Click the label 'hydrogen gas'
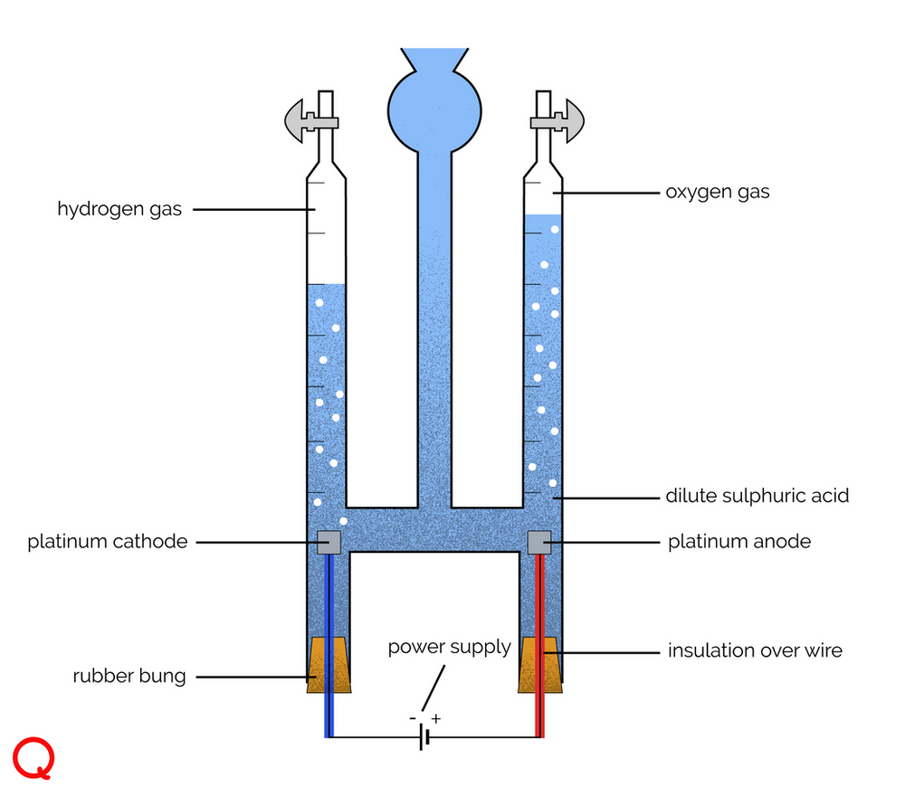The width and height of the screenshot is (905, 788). pos(119,210)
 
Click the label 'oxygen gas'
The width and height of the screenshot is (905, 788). pos(717,192)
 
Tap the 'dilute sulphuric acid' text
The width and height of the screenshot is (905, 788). pos(757,496)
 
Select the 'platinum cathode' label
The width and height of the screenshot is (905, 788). pos(108,542)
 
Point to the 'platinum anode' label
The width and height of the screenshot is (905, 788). pos(739,542)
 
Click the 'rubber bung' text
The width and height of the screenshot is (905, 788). pos(129,676)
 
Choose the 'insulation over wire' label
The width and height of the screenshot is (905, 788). pos(755,650)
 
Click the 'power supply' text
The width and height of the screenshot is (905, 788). pos(450,648)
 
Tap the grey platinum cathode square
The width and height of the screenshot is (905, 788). pos(329,541)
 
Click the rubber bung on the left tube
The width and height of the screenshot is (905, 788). pos(329,666)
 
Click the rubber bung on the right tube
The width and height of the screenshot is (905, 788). pos(539,666)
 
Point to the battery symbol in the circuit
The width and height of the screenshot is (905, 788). pos(424,738)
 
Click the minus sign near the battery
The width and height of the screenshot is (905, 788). pos(413,718)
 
